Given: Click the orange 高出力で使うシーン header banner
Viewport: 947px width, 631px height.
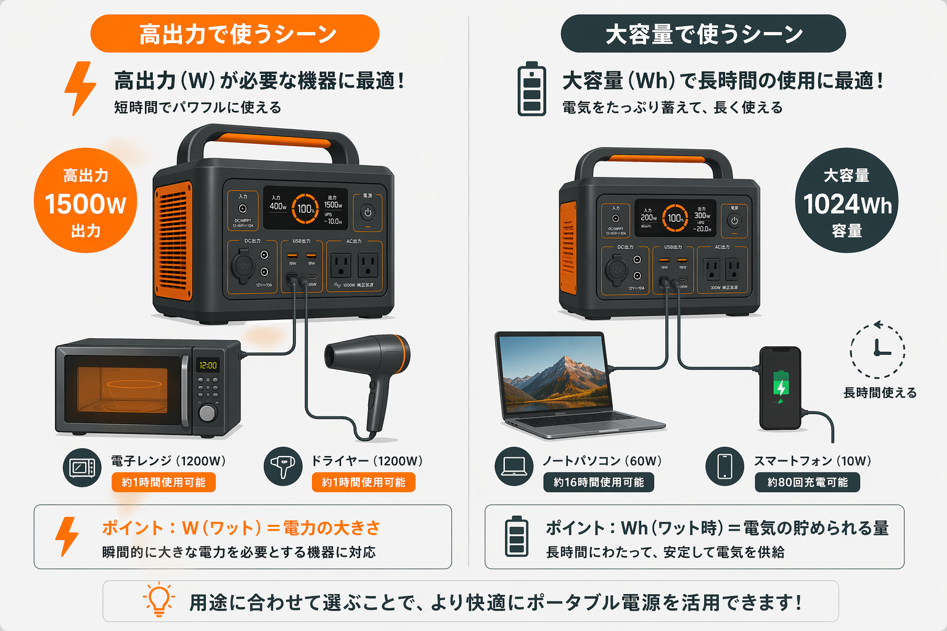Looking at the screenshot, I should click(x=235, y=34).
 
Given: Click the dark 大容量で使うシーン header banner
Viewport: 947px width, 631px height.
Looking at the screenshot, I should click(x=703, y=34).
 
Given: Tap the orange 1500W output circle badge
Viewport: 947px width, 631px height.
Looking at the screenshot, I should click(x=85, y=202).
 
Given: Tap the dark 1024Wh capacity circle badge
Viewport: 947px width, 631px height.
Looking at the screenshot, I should click(x=847, y=202).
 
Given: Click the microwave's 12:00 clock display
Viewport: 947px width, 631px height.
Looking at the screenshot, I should click(x=208, y=365).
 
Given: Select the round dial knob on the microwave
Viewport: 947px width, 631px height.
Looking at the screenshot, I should click(x=208, y=412).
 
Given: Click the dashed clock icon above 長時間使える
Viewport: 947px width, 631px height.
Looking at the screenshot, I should click(x=877, y=349).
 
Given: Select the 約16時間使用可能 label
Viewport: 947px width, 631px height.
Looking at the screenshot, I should click(x=598, y=482).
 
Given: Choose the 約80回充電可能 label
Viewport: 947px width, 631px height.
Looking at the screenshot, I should click(x=807, y=482).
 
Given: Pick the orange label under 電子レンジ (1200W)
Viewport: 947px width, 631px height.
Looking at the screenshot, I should click(x=163, y=482).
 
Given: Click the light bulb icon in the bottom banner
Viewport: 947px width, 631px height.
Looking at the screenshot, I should click(x=159, y=599).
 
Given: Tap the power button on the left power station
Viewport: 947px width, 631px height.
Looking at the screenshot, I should click(x=367, y=213).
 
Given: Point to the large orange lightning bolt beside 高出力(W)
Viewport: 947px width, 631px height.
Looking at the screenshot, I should click(x=80, y=88).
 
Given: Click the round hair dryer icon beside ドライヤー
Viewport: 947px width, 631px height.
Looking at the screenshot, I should click(x=283, y=466).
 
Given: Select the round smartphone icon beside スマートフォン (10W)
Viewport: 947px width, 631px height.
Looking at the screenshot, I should click(x=724, y=466).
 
